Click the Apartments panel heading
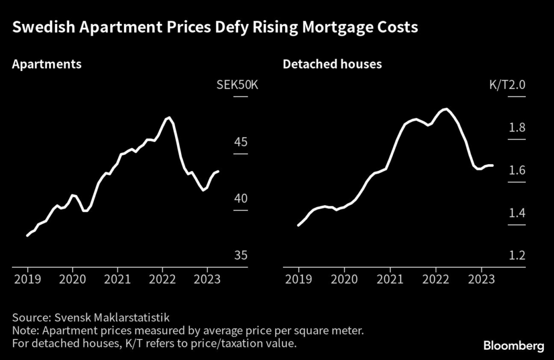pos(47,64)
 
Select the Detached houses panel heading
pos(332,64)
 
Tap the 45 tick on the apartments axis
pos(241,142)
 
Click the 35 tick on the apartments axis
pos(241,255)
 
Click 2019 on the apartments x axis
pos(28,279)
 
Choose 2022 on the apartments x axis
pos(162,279)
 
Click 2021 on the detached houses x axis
pos(390,279)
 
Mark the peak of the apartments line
pos(169,117)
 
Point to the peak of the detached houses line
pos(446,109)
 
